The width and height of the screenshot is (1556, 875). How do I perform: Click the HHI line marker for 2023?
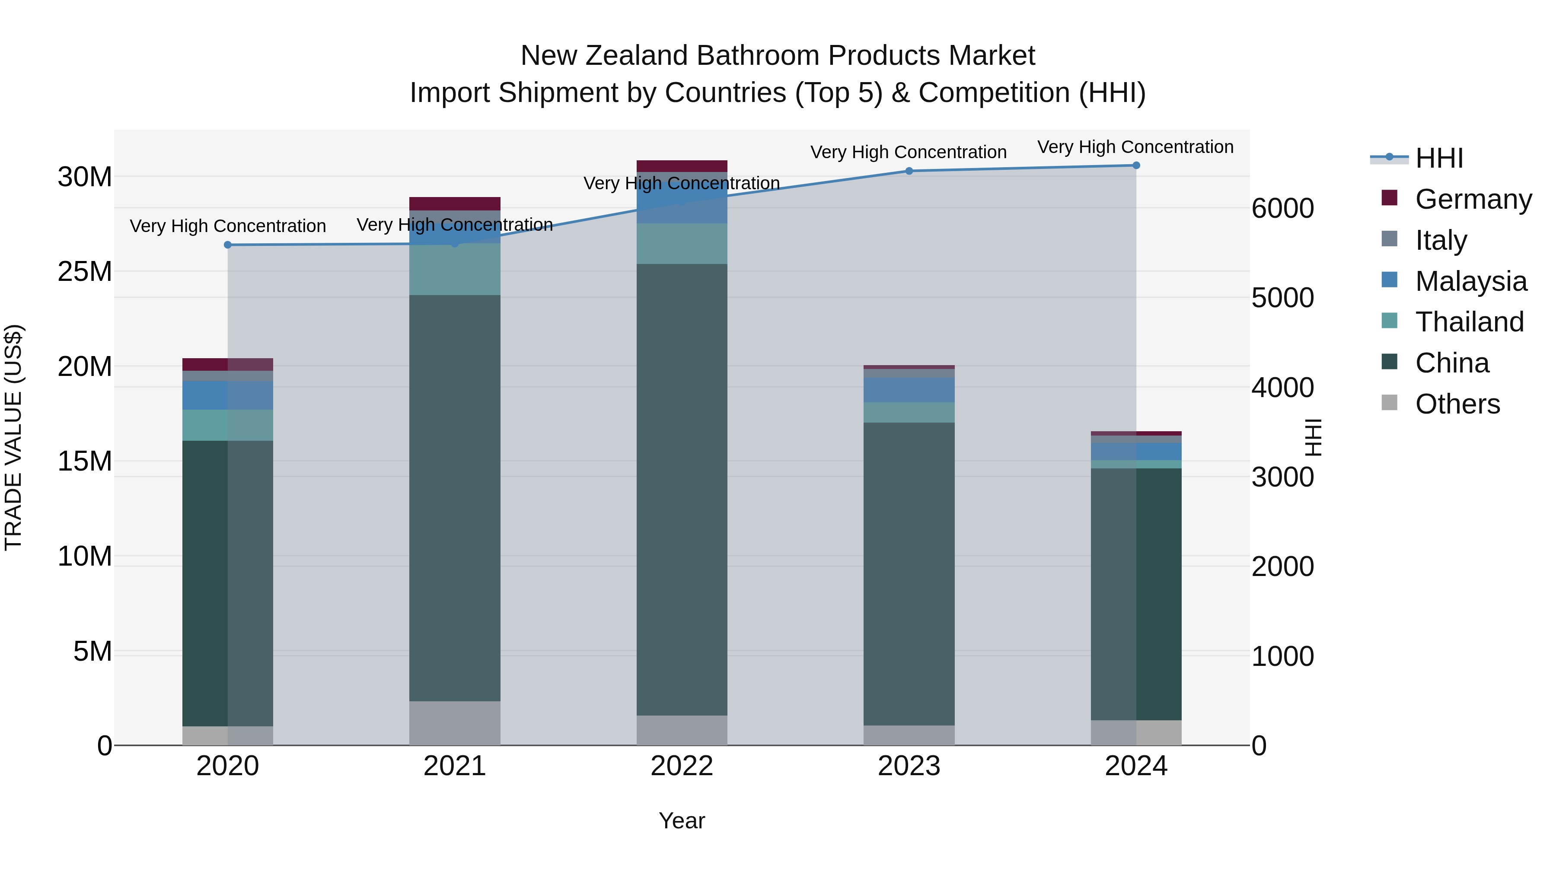pyautogui.click(x=909, y=171)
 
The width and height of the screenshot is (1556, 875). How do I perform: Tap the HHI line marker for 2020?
pyautogui.click(x=228, y=245)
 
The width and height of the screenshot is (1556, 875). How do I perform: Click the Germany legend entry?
pyautogui.click(x=1473, y=199)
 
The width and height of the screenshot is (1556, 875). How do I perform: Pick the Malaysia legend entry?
pyautogui.click(x=1470, y=281)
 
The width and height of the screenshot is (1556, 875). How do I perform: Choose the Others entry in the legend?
pyautogui.click(x=1457, y=404)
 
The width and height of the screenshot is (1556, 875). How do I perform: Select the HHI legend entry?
pyautogui.click(x=1439, y=158)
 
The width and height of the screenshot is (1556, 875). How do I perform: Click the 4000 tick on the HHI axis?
pyautogui.click(x=1282, y=388)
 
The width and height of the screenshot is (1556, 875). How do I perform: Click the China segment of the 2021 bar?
pyautogui.click(x=455, y=498)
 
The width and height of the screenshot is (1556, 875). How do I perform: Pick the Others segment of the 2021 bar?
pyautogui.click(x=455, y=723)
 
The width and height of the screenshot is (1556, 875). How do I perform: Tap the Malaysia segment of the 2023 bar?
pyautogui.click(x=909, y=390)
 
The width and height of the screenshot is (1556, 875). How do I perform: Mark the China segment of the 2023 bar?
pyautogui.click(x=909, y=574)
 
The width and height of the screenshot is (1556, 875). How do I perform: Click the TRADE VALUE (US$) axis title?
pyautogui.click(x=13, y=437)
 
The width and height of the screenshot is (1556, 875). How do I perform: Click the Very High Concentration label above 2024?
pyautogui.click(x=1135, y=147)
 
